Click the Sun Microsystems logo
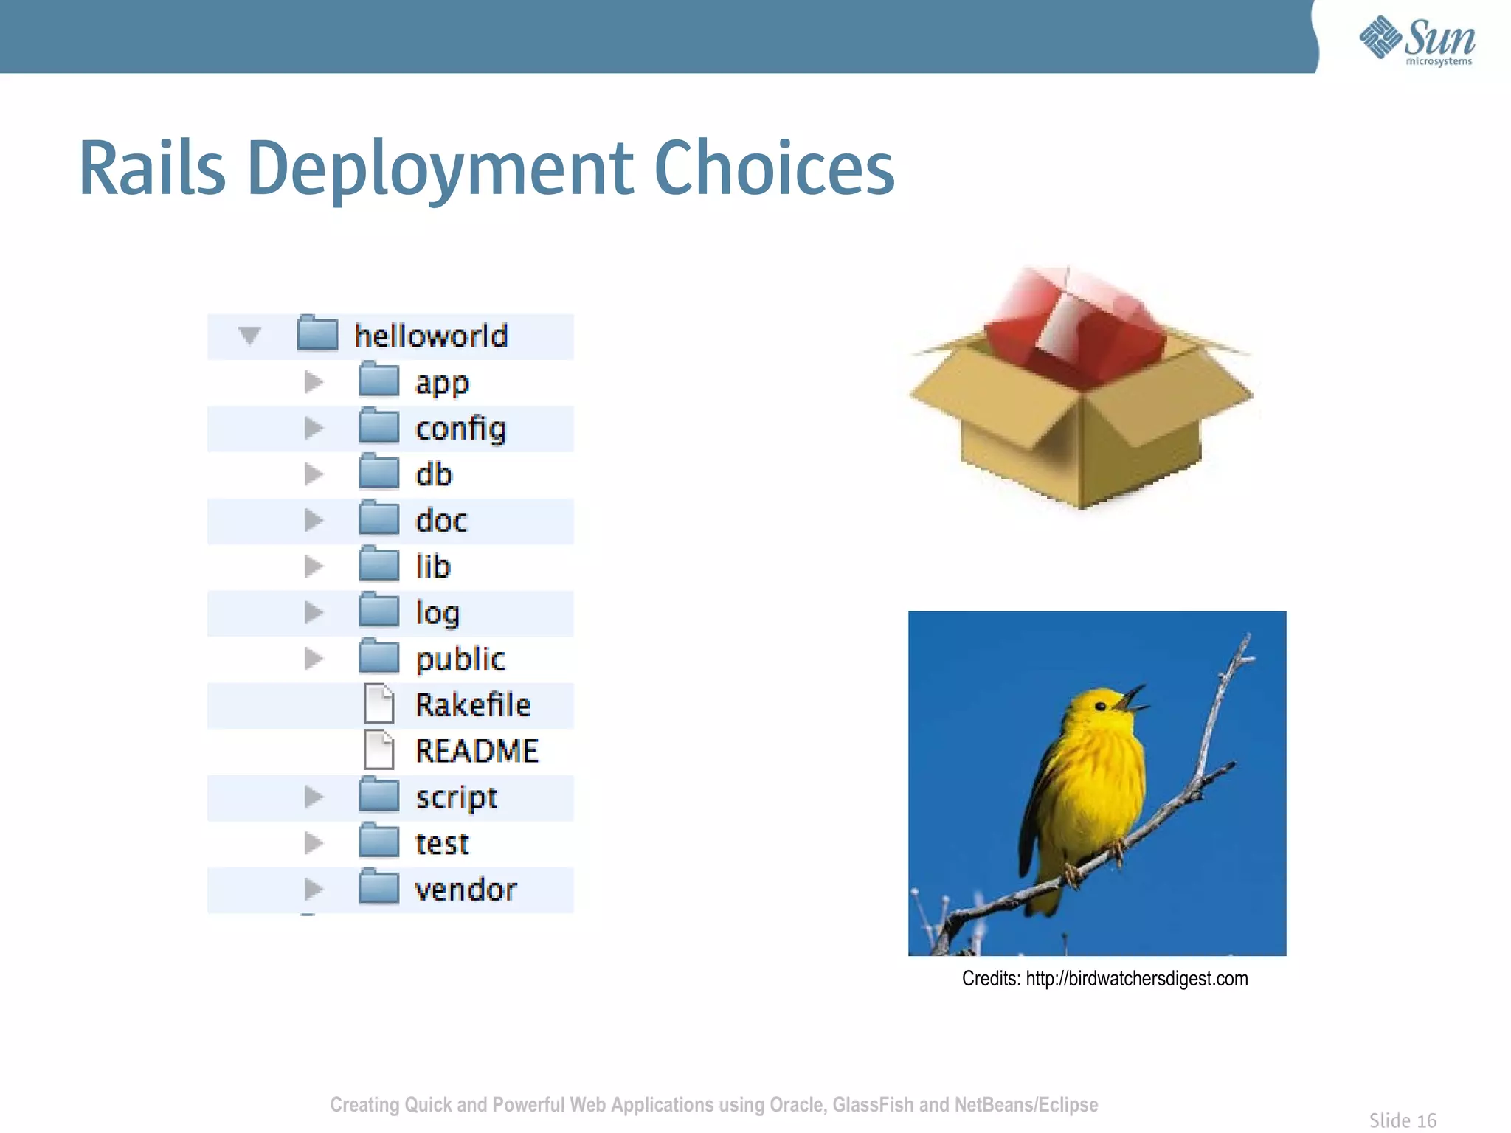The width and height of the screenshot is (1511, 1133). [x=1417, y=41]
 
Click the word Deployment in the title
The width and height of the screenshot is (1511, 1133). [x=440, y=169]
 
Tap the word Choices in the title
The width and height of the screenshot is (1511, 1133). [x=774, y=169]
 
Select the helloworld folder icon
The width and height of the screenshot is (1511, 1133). [x=317, y=334]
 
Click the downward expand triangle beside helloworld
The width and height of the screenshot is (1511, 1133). [x=249, y=336]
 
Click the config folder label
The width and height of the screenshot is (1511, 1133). [x=460, y=429]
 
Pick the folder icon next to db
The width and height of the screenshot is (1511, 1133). [x=378, y=474]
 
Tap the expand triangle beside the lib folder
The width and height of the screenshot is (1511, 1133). [x=314, y=566]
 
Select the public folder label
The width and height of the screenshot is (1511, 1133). [x=460, y=659]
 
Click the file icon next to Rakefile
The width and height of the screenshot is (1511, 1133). [x=379, y=704]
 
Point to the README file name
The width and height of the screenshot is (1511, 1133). [x=477, y=751]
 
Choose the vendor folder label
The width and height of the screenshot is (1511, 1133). [x=466, y=890]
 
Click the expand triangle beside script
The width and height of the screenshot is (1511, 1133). [x=314, y=797]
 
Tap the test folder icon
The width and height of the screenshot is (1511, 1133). [x=378, y=842]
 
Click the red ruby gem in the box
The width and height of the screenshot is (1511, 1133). [x=1073, y=328]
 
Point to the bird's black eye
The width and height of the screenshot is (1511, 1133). [x=1101, y=706]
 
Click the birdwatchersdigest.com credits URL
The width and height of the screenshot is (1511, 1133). [x=1136, y=979]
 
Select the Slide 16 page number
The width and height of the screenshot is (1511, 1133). [x=1403, y=1120]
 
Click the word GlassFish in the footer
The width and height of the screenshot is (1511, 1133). [x=873, y=1104]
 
